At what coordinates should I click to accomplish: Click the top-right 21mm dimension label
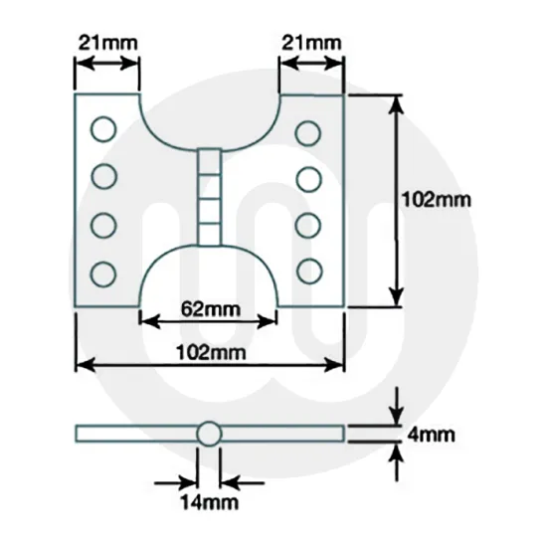[311, 43]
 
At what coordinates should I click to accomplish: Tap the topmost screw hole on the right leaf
[309, 130]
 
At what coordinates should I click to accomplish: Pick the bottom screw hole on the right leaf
[309, 270]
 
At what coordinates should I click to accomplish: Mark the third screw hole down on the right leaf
[309, 224]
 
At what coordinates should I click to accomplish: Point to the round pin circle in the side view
[209, 434]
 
